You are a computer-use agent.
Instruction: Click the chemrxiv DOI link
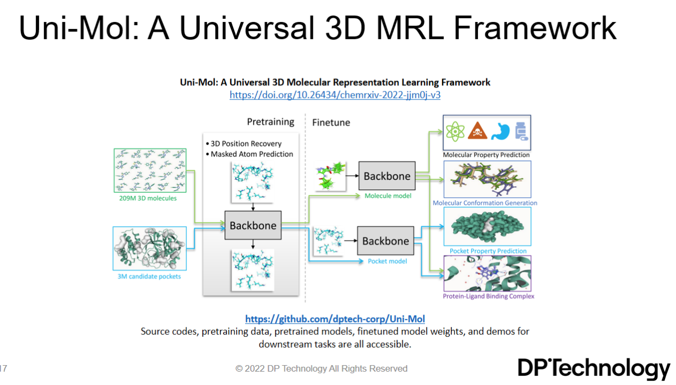pyautogui.click(x=335, y=95)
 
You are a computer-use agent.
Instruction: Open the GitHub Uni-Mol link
pyautogui.click(x=335, y=319)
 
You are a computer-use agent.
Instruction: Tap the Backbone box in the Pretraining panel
pyautogui.click(x=253, y=225)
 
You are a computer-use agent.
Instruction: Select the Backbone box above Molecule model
pyautogui.click(x=387, y=175)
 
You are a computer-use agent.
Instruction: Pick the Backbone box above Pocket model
pyautogui.click(x=386, y=241)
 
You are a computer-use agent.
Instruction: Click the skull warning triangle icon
pyautogui.click(x=477, y=131)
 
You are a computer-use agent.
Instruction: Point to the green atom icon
pyautogui.click(x=455, y=131)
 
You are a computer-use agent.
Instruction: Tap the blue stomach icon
pyautogui.click(x=501, y=131)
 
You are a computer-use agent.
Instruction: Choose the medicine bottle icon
pyautogui.click(x=522, y=131)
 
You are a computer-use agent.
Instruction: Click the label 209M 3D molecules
pyautogui.click(x=148, y=198)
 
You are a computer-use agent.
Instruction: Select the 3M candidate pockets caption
pyautogui.click(x=149, y=276)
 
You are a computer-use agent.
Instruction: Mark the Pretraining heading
pyautogui.click(x=270, y=122)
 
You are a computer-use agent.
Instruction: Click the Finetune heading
pyautogui.click(x=331, y=122)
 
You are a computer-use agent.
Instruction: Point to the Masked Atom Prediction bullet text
pyautogui.click(x=251, y=154)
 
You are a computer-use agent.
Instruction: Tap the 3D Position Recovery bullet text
pyautogui.click(x=246, y=143)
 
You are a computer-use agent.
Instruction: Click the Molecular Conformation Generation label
pyautogui.click(x=485, y=203)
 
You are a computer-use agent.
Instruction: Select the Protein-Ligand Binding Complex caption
pyautogui.click(x=488, y=296)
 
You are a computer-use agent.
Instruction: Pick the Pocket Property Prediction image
pyautogui.click(x=488, y=226)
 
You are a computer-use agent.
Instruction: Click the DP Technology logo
pyautogui.click(x=594, y=368)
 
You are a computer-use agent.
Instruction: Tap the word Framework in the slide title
pyautogui.click(x=534, y=28)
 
